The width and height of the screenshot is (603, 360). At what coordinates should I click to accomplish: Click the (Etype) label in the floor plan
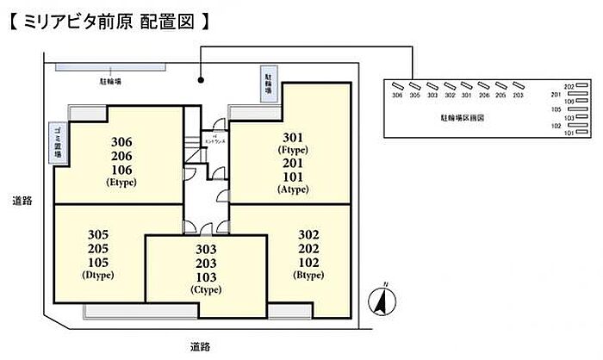(121, 183)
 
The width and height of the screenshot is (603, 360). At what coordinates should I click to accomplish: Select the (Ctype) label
(206, 289)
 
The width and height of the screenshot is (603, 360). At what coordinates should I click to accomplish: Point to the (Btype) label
(308, 275)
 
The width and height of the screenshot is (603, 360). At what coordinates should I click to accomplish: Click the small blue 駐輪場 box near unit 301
(268, 84)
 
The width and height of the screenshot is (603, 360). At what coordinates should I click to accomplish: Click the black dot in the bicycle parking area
(201, 83)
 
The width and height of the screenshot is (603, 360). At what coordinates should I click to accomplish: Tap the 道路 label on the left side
(22, 201)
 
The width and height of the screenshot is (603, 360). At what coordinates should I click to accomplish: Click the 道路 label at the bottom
(200, 347)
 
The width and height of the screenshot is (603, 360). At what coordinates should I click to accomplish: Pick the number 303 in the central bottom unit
(206, 249)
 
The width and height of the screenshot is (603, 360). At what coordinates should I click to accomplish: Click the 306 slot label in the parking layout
(396, 96)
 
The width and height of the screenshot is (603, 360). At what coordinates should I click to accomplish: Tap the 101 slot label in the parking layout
(569, 133)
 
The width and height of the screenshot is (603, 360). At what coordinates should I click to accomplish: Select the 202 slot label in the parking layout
(569, 87)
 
